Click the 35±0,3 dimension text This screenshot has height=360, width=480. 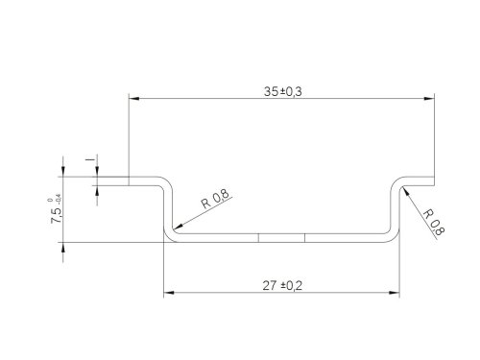click(x=282, y=91)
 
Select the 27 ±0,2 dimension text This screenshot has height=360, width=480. click(x=282, y=285)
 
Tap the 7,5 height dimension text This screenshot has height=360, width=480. click(x=56, y=215)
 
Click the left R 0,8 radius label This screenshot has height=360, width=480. click(x=215, y=199)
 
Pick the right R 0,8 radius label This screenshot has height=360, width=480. click(x=434, y=223)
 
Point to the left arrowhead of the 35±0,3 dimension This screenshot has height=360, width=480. click(x=134, y=98)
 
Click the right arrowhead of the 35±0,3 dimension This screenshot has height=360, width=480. click(x=429, y=98)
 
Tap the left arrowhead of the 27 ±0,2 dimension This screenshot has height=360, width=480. click(x=169, y=293)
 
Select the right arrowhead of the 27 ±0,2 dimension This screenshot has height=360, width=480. click(x=395, y=293)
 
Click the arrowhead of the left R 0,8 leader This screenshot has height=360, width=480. click(x=178, y=227)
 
